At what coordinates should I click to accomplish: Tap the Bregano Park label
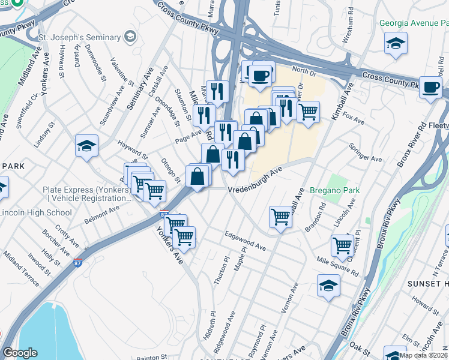click(334, 190)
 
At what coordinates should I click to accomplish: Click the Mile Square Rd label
click(337, 265)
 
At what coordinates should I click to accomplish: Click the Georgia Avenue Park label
click(414, 23)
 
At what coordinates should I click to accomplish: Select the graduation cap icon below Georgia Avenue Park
click(396, 44)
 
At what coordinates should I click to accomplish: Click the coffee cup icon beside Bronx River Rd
click(430, 87)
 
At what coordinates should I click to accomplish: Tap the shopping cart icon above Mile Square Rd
click(342, 245)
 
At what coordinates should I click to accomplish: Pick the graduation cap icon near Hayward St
click(86, 146)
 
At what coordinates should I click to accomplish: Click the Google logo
click(20, 353)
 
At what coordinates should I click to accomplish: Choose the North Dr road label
click(304, 71)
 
